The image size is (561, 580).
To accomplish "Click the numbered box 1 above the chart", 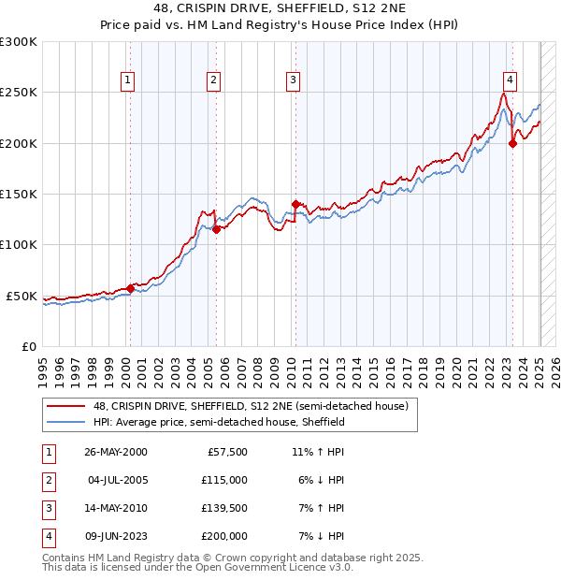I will tap(127, 80).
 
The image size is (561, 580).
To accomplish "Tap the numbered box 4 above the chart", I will tap(510, 80).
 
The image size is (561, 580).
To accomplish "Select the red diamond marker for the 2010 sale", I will tap(296, 204).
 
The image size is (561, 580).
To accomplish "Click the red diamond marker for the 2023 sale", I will tap(512, 143).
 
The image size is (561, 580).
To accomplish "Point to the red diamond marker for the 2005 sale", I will tap(216, 229).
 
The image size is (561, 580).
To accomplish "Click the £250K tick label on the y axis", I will tap(19, 93).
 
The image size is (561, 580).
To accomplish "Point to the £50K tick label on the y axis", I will tap(22, 296).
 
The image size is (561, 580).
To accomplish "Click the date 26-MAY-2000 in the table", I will tap(116, 452).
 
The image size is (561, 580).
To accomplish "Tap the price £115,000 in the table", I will tap(224, 480).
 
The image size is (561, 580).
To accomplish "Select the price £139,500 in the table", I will tap(224, 508).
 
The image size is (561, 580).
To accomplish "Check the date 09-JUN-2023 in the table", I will tap(116, 536).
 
